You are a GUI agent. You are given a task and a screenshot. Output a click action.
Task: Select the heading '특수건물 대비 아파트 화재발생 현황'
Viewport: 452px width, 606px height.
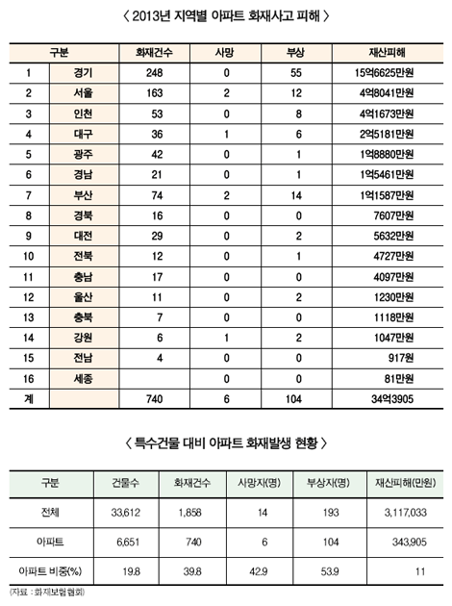(227, 443)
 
